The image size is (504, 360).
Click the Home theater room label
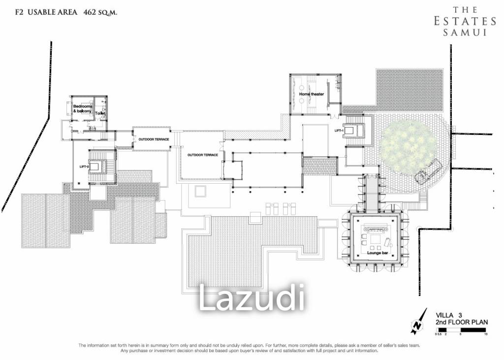tap(311, 94)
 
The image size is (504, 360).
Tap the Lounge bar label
tap(377, 253)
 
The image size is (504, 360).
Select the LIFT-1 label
tap(338, 131)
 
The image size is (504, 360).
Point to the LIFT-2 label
tap(84, 166)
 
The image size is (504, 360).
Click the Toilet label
tap(100, 113)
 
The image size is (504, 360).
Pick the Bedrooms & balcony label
tap(82, 109)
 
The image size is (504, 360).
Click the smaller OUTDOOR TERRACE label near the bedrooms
tap(154, 139)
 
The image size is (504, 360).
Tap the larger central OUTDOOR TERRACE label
tap(202, 155)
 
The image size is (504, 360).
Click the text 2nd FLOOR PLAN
tap(461, 322)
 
